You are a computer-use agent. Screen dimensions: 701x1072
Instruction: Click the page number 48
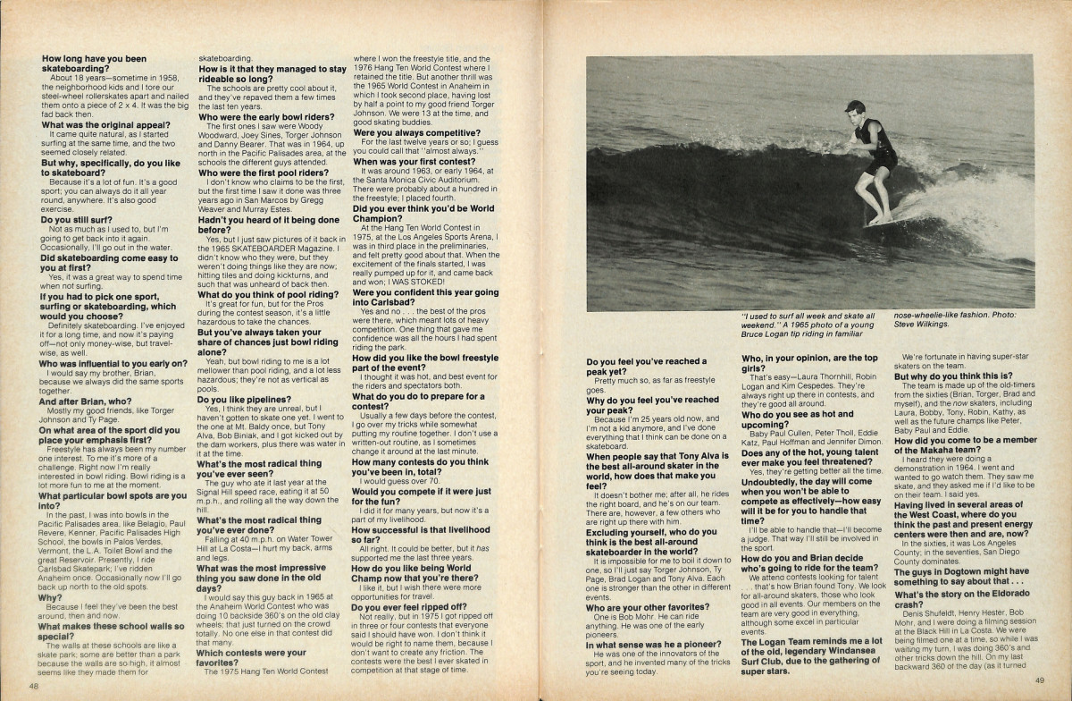tap(33, 687)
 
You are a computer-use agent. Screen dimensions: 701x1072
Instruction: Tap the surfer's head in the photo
tap(856, 110)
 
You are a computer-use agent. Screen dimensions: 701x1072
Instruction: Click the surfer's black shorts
tap(879, 161)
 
